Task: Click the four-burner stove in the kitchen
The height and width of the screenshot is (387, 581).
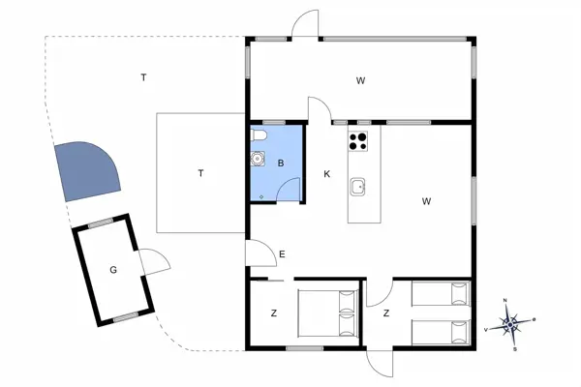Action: click(358, 141)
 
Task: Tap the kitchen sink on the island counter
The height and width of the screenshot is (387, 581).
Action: click(358, 186)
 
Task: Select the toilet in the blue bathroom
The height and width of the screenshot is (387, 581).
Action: click(258, 136)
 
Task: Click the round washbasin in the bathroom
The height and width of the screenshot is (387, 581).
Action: click(257, 159)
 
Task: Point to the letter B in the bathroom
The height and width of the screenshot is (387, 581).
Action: click(281, 164)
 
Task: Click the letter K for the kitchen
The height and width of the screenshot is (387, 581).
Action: click(327, 174)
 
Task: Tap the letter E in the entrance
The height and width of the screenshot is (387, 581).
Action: click(282, 254)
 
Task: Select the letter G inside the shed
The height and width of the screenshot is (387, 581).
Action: click(113, 269)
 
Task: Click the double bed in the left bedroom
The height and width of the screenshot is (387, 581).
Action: click(325, 313)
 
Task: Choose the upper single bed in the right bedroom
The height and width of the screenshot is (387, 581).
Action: click(441, 294)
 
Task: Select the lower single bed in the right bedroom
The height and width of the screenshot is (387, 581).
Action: click(441, 331)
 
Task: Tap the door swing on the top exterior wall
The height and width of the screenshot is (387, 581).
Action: click(307, 24)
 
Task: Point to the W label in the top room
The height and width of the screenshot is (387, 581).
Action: click(359, 80)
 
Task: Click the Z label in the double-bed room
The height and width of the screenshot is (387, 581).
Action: click(274, 313)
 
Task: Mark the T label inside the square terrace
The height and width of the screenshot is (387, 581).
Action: click(200, 174)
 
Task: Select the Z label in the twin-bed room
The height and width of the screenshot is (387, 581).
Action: click(385, 313)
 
